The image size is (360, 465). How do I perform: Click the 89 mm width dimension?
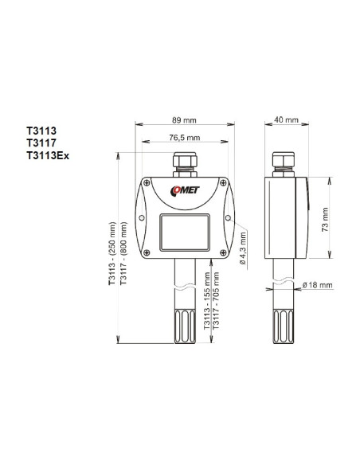point(183,120)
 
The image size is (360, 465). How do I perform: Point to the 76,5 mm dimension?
point(184,139)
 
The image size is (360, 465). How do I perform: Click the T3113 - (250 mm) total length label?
point(113,255)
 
